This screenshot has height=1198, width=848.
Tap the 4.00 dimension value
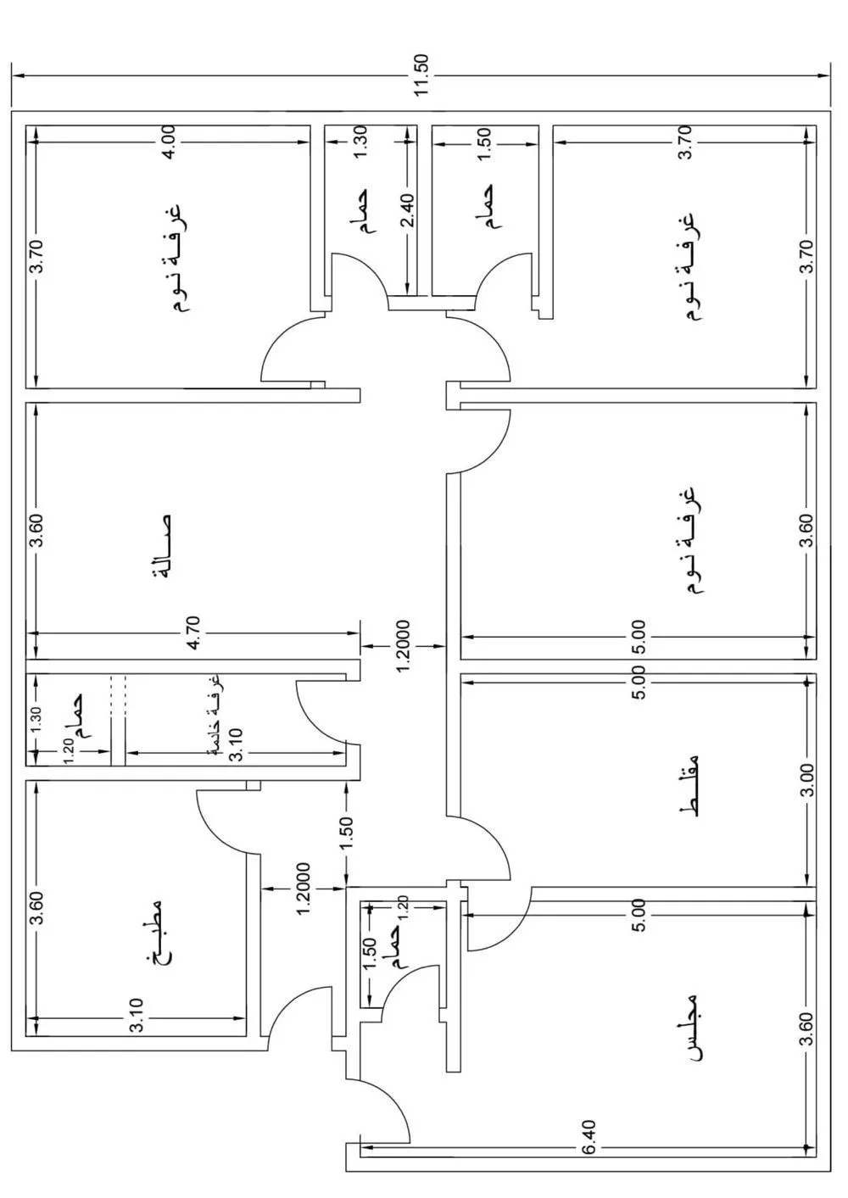[169, 142]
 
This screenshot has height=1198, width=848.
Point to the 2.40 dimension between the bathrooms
[408, 211]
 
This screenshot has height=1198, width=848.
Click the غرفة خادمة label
[217, 709]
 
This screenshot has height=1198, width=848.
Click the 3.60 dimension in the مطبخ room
[35, 910]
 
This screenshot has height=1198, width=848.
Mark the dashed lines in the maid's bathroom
[118, 691]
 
